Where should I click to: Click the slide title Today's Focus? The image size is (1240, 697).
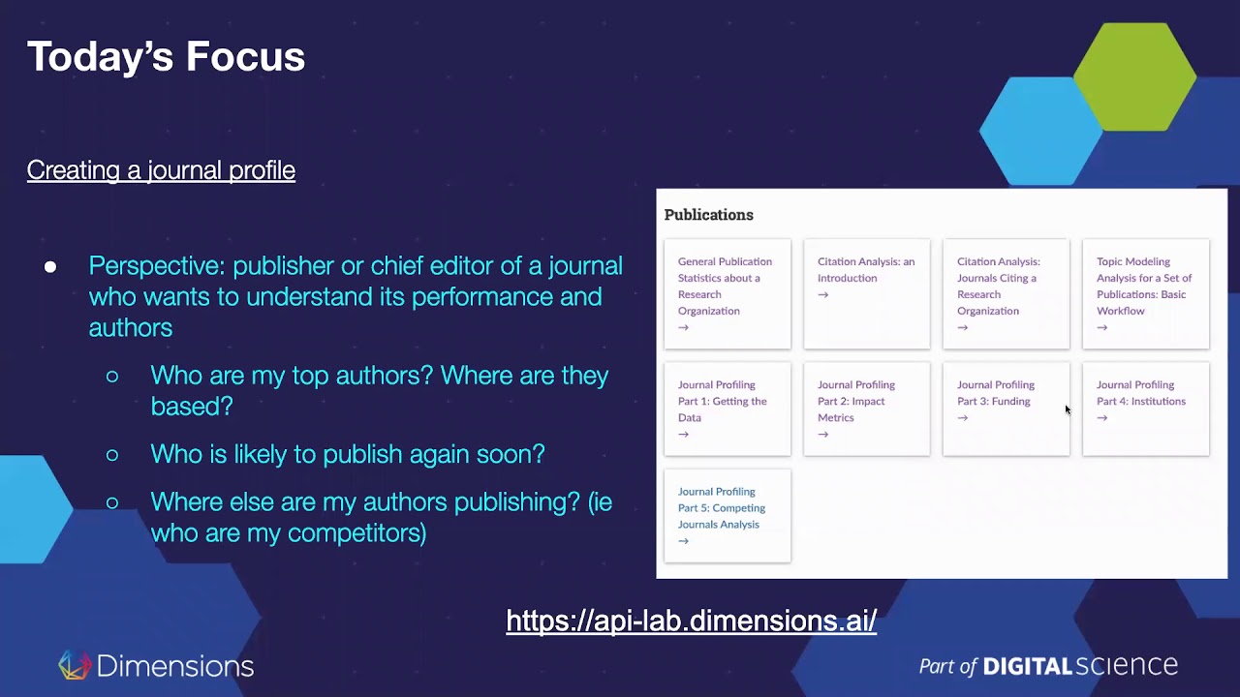coord(166,56)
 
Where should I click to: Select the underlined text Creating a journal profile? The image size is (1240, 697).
coord(161,170)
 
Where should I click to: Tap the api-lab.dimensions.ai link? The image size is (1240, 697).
coord(691,621)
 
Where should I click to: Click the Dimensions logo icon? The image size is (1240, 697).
coord(74,665)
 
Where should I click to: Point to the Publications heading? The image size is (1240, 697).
coord(708,215)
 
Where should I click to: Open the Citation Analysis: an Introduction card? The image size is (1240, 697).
coord(866,293)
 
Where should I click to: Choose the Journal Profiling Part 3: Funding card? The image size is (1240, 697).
coord(1006,408)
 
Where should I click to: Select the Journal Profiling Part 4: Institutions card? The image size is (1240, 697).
coord(1145,408)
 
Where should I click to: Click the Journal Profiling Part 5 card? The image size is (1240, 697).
coord(727,515)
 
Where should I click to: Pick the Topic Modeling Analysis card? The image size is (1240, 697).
coord(1145,293)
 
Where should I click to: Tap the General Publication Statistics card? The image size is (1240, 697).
coord(727,293)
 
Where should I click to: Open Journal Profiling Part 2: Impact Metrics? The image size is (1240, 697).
coord(866,408)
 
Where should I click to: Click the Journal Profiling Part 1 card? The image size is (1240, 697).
coord(727,408)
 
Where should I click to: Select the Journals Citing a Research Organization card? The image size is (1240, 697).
coord(1006,293)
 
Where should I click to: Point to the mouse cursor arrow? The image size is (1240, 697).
coord(1068,410)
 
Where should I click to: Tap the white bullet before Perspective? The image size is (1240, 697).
coord(50,266)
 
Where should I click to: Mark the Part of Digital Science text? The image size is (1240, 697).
coord(1048,666)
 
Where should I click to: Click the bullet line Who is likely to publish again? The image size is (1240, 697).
coord(347,454)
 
